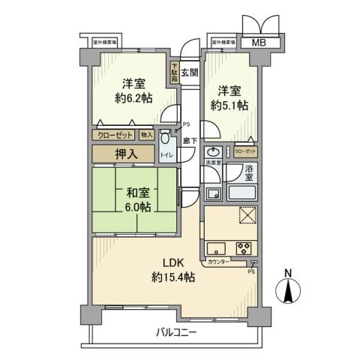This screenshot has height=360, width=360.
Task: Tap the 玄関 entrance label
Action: click(190, 73)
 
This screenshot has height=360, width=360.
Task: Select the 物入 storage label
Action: click(146, 135)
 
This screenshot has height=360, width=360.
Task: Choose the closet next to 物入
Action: click(114, 135)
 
